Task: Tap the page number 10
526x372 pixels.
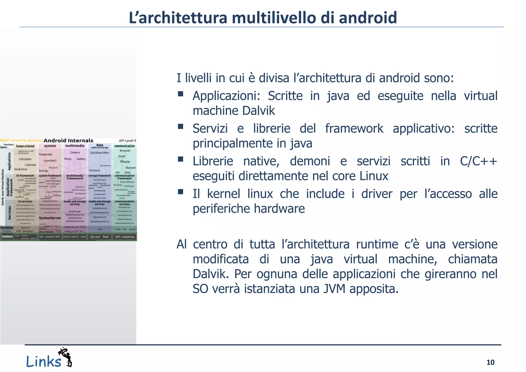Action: (490, 362)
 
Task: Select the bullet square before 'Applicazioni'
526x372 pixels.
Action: (180, 94)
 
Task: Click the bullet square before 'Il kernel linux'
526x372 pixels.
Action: (180, 192)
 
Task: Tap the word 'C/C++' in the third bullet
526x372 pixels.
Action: (478, 161)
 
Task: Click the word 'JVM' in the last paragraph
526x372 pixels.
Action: (334, 289)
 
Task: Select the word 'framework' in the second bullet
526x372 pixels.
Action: (354, 128)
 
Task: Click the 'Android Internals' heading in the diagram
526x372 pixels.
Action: (68, 141)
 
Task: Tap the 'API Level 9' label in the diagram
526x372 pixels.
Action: (127, 141)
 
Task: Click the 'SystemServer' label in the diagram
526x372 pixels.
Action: (50, 218)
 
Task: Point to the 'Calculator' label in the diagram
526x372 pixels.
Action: (25, 159)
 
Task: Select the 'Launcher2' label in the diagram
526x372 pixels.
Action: (50, 161)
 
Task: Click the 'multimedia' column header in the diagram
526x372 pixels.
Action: (75, 146)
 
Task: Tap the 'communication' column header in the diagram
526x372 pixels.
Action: (125, 146)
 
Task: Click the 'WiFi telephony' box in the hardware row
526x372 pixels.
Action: (125, 237)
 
